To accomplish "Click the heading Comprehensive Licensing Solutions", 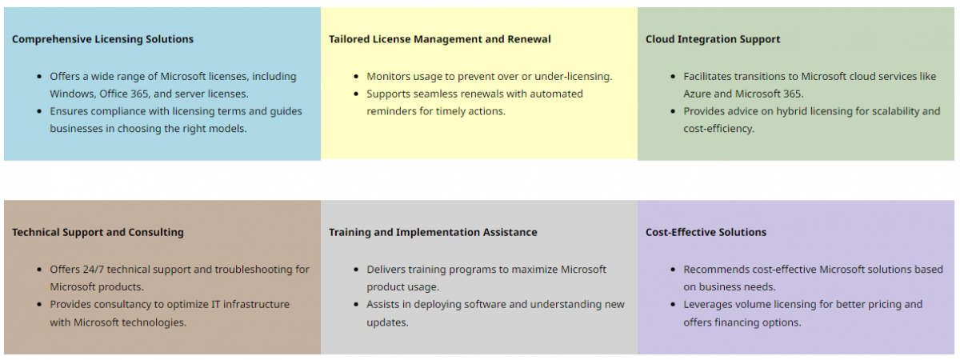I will tap(102, 39).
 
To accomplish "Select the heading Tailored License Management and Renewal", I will tap(439, 39).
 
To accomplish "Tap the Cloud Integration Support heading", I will tap(713, 39).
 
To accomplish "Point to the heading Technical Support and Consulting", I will tap(98, 232).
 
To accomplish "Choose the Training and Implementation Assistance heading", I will tap(433, 232).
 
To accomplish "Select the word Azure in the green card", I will tap(698, 94).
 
